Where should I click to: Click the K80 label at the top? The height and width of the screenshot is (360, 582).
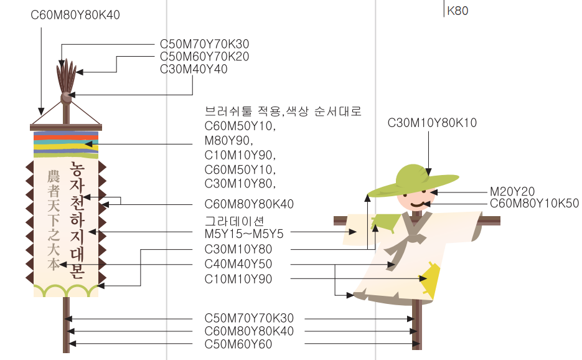point(458,11)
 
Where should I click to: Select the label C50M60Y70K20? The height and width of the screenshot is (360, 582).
point(204,57)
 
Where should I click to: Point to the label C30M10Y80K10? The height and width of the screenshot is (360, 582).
point(432,123)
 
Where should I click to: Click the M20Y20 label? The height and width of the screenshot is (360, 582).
point(512,192)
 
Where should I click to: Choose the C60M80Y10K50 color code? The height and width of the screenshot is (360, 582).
point(534,204)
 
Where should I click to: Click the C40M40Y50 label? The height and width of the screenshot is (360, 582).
point(238,264)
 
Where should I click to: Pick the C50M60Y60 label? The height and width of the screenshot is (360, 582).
point(238,344)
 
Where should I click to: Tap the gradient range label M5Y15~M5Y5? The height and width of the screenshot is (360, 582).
point(244,234)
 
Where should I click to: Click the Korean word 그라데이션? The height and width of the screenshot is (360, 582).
point(235,221)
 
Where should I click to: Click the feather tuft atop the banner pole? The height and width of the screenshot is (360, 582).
point(66,75)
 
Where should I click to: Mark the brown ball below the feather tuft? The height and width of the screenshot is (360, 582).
point(66,97)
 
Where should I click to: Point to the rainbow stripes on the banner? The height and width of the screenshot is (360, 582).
point(65,144)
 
